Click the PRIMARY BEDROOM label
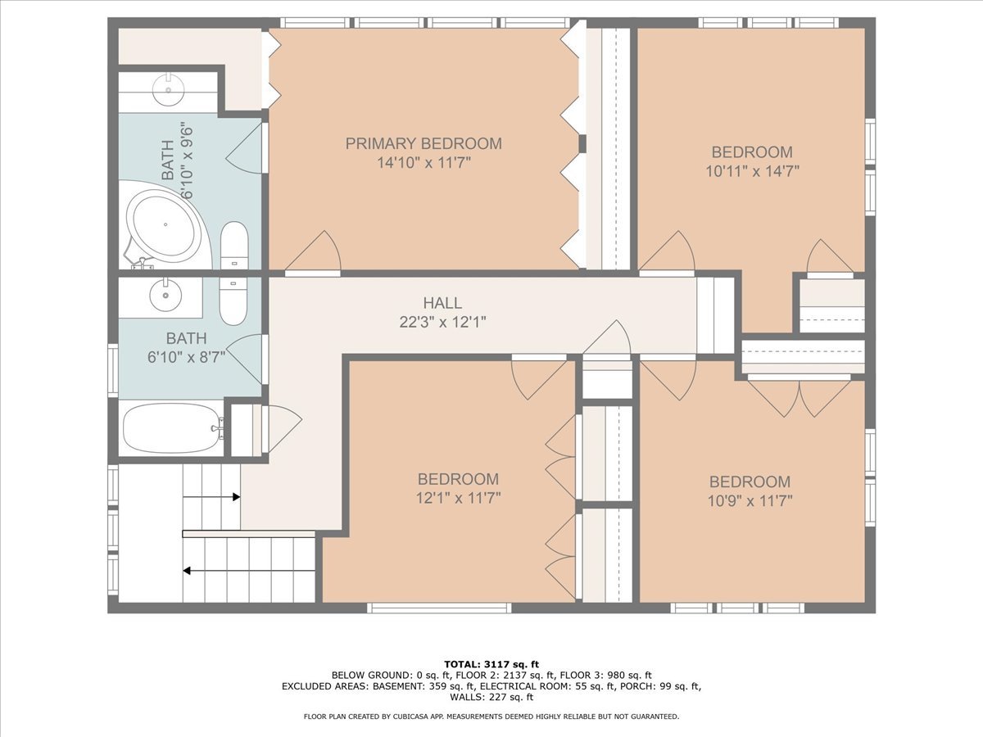(x=424, y=143)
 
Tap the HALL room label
(x=442, y=303)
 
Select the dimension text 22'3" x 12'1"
(x=442, y=322)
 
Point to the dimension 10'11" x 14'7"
(x=752, y=171)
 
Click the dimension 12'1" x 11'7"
(x=458, y=498)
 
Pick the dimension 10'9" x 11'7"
(x=750, y=500)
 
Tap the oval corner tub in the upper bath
(x=164, y=225)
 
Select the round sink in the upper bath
(x=169, y=90)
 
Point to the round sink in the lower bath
(x=165, y=296)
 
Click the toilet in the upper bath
(x=234, y=246)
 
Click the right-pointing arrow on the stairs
(x=211, y=497)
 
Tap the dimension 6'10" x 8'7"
(x=186, y=357)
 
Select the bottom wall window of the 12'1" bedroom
(x=439, y=608)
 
